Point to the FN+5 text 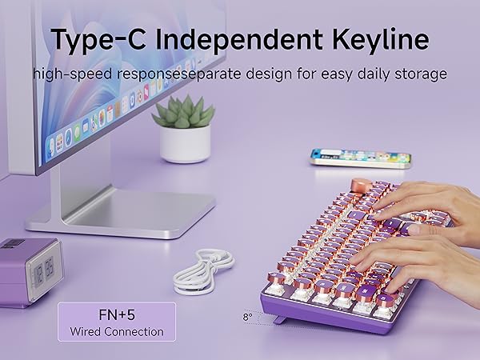[116, 315]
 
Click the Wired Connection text [116, 331]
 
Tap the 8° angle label [247, 318]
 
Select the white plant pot [186, 144]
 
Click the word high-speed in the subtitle [74, 74]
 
